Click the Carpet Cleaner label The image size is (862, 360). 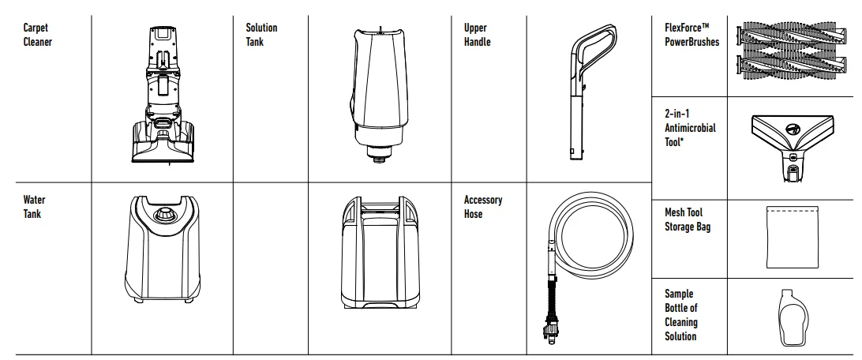coord(37,35)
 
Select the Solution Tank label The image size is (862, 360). coord(261,35)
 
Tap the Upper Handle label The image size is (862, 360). coord(477,35)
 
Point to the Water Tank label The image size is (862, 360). coord(34,207)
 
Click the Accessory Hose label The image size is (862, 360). coord(482,207)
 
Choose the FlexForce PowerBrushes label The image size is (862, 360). coord(691,35)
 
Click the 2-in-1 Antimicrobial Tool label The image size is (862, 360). coord(690,128)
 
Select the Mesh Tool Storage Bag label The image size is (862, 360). coord(688,219)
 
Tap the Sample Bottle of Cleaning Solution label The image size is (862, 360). coord(681,315)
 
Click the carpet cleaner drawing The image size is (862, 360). coord(163,95)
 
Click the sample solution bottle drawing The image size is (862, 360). coord(793,318)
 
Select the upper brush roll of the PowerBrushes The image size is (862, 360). coord(794,36)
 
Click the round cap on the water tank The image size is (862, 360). coord(164,215)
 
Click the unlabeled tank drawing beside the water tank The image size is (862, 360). coord(380,253)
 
